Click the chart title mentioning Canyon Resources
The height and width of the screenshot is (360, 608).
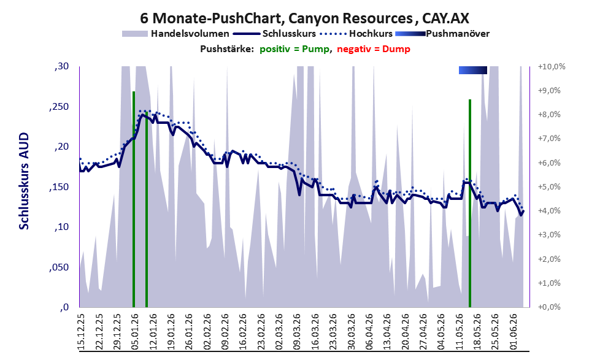[304, 18]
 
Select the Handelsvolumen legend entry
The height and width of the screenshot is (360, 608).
[175, 34]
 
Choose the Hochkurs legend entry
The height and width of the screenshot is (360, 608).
[356, 34]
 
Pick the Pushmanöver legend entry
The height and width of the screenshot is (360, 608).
[442, 34]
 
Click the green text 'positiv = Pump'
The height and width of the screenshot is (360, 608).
[294, 49]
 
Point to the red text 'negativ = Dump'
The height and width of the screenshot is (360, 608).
[374, 49]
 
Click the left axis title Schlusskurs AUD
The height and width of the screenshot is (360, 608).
[24, 181]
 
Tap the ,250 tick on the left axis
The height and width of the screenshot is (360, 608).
[59, 107]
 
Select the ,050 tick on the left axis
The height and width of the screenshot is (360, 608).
[59, 267]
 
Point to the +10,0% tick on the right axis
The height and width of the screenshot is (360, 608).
[552, 67]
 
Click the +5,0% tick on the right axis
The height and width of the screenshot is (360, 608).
[550, 187]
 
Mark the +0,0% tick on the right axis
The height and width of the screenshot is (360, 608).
[550, 307]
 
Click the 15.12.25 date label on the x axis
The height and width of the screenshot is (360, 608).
[81, 332]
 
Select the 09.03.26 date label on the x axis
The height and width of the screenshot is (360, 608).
[297, 332]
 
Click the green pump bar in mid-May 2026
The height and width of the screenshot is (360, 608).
[470, 203]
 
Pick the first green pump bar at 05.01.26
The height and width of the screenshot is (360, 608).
[134, 199]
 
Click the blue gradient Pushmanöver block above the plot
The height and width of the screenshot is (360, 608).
[472, 70]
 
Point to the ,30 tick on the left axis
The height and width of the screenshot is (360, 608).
[61, 67]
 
